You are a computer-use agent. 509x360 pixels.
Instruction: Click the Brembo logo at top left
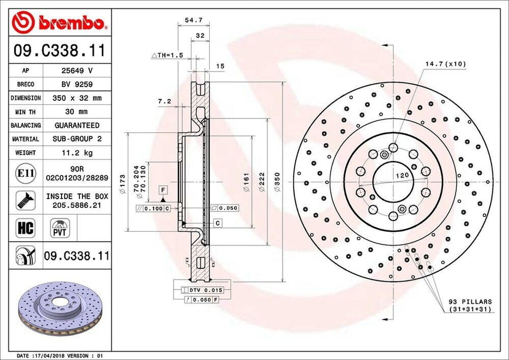[59, 23]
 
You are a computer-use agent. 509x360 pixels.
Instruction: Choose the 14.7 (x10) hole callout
[445, 64]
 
